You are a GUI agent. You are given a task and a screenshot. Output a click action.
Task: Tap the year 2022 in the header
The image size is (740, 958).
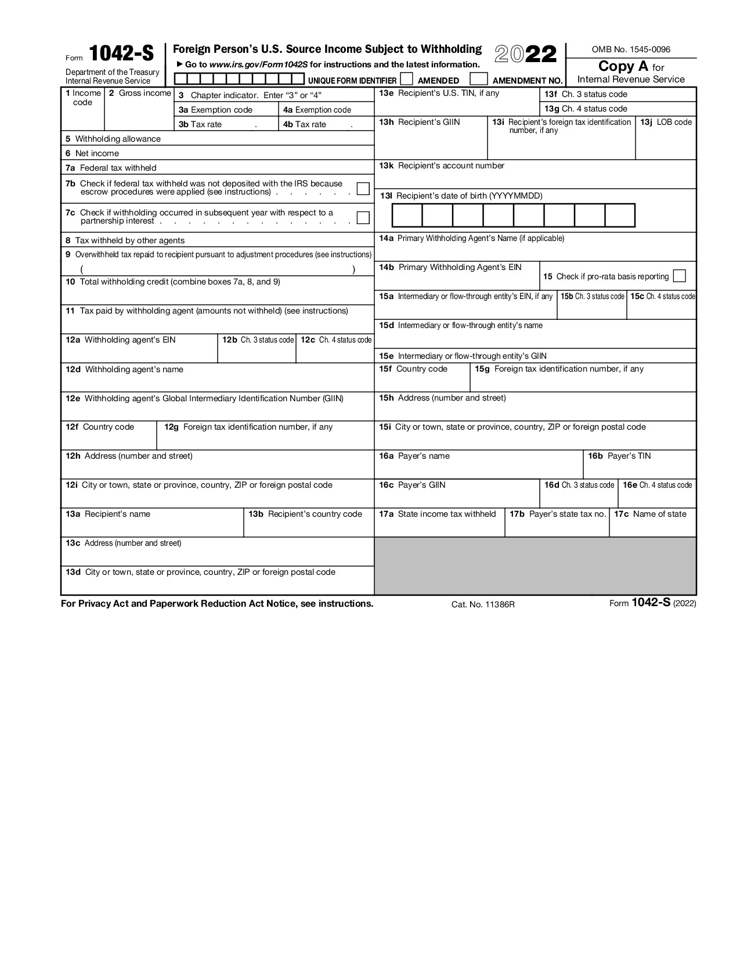click(x=525, y=55)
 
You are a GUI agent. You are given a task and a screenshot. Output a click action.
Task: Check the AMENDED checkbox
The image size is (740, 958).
click(x=407, y=79)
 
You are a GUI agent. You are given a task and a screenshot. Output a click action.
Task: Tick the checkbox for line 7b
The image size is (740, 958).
click(x=363, y=189)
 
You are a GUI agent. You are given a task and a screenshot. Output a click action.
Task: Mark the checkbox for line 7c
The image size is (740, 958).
click(x=363, y=218)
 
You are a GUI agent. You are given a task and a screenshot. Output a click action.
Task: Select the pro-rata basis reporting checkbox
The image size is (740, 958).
click(x=680, y=276)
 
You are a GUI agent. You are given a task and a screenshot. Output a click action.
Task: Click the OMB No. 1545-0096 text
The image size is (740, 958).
click(x=630, y=49)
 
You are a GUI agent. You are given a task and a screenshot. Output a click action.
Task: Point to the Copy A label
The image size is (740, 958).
click(x=623, y=66)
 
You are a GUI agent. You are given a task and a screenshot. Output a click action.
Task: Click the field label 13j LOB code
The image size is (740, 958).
click(x=666, y=122)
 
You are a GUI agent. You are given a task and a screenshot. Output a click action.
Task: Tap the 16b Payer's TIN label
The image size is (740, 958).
click(x=619, y=456)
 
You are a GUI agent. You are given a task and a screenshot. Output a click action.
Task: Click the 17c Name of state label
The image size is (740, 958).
click(x=650, y=514)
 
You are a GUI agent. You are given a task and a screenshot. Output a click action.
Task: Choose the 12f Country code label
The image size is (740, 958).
click(x=100, y=427)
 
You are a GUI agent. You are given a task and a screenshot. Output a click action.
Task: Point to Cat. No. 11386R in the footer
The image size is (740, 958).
click(x=483, y=604)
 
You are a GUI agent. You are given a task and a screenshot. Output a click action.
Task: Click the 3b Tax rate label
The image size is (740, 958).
click(x=200, y=124)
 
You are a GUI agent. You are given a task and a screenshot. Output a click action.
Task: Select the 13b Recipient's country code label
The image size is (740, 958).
click(x=305, y=514)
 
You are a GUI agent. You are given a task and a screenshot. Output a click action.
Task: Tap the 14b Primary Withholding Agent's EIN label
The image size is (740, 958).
click(x=450, y=267)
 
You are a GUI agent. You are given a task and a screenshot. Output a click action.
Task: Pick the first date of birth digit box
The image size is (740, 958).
click(x=407, y=215)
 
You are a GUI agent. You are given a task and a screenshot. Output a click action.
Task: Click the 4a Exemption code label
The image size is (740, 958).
click(x=317, y=110)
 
